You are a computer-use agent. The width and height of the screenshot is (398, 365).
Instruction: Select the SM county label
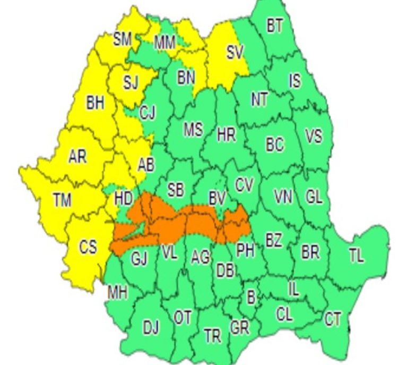(x=123, y=38)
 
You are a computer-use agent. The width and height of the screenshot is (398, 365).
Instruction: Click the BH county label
(x=96, y=103)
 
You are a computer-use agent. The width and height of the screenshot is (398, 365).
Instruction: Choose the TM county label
(x=62, y=199)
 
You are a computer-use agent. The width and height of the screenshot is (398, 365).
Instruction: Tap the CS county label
(x=88, y=247)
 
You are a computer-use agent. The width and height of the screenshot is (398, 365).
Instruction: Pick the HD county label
(x=123, y=199)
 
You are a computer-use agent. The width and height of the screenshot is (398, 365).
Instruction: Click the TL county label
(x=357, y=256)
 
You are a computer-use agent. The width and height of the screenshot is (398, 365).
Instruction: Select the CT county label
(x=333, y=319)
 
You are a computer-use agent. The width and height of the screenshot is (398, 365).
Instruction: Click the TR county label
(x=212, y=336)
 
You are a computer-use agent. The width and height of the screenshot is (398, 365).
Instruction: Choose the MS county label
(x=193, y=130)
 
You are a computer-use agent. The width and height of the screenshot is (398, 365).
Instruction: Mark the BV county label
(x=217, y=199)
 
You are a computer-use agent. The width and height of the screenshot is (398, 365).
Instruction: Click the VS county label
(x=314, y=137)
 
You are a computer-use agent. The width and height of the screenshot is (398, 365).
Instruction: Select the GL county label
(x=314, y=197)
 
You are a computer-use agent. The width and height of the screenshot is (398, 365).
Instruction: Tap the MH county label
(x=117, y=292)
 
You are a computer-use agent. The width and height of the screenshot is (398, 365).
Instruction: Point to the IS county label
(x=295, y=81)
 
